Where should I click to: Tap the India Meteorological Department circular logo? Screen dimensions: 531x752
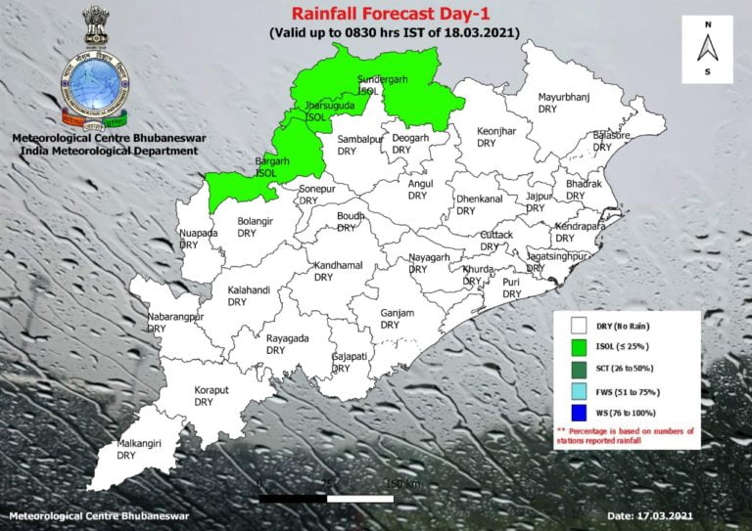click(x=95, y=86)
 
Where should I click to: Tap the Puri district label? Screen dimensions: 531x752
click(x=511, y=288)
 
